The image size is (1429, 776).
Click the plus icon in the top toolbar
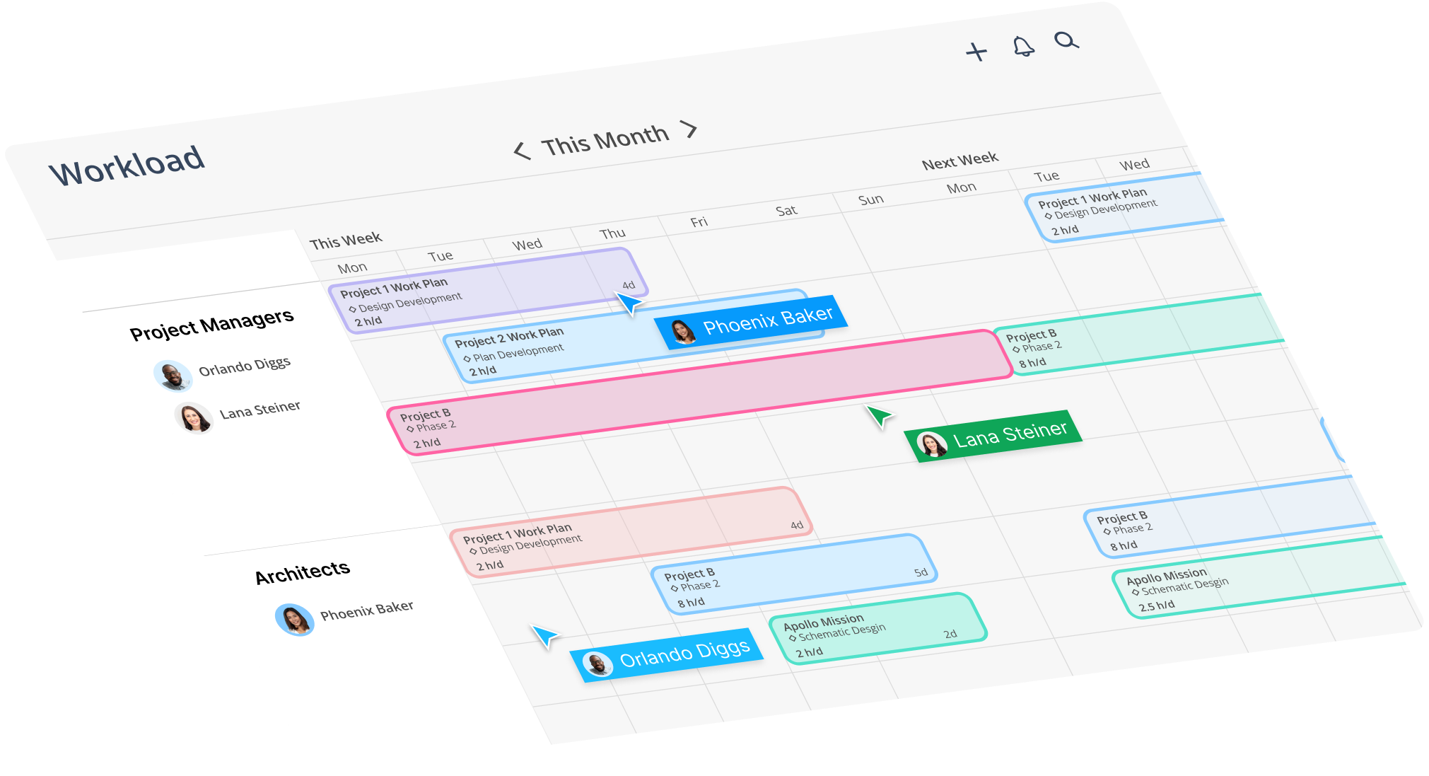pos(976,52)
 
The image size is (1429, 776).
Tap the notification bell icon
pos(1023,47)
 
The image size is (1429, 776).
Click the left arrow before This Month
pos(522,151)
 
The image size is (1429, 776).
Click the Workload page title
pos(127,165)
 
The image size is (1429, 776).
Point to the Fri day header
pos(699,222)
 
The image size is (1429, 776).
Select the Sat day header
pos(786,211)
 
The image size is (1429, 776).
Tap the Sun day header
pos(871,199)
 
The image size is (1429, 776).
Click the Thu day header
pos(612,233)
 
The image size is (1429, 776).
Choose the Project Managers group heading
pos(211,324)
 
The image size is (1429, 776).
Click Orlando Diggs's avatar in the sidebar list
pos(173,376)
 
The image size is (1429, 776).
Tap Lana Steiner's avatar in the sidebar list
pos(193,417)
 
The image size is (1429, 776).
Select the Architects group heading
pos(303,572)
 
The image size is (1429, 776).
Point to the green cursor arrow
pos(880,416)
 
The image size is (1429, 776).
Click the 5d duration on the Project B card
pos(920,572)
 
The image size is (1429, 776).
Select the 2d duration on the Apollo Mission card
pos(950,634)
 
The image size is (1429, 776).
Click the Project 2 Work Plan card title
pos(509,337)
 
